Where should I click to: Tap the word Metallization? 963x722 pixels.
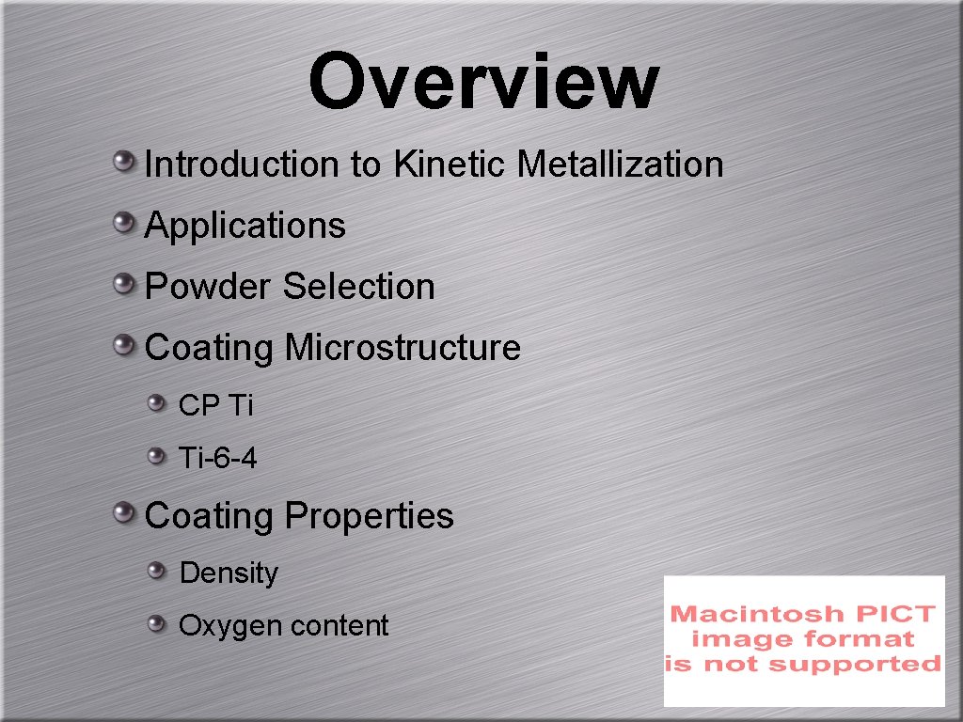click(x=621, y=165)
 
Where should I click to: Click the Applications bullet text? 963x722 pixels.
click(x=245, y=227)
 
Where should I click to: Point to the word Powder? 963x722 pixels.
click(x=209, y=287)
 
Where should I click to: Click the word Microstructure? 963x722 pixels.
click(x=403, y=348)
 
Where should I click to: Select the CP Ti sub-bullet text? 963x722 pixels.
click(x=215, y=406)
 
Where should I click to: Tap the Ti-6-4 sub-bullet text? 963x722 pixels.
click(x=217, y=459)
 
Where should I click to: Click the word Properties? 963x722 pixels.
click(x=369, y=516)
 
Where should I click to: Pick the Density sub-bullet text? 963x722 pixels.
click(x=229, y=573)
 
